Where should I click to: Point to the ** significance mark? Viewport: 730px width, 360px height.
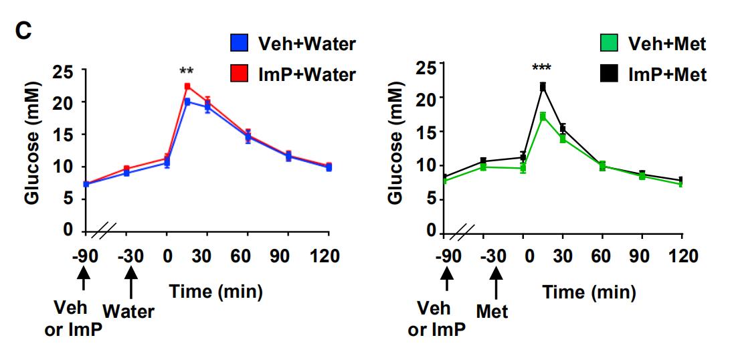[x=187, y=71]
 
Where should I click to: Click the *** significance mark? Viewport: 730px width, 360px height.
[x=542, y=68]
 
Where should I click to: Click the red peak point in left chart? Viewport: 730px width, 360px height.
[x=187, y=86]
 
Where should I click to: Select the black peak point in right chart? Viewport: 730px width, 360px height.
[x=543, y=86]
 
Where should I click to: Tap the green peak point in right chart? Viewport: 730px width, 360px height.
[x=543, y=116]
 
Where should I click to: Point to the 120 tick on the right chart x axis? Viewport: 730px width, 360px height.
[x=681, y=256]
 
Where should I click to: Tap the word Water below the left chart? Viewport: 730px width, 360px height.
[x=130, y=312]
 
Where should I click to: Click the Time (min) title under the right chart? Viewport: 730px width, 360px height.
[x=580, y=292]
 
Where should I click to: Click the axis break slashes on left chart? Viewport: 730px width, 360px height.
[x=104, y=232]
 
